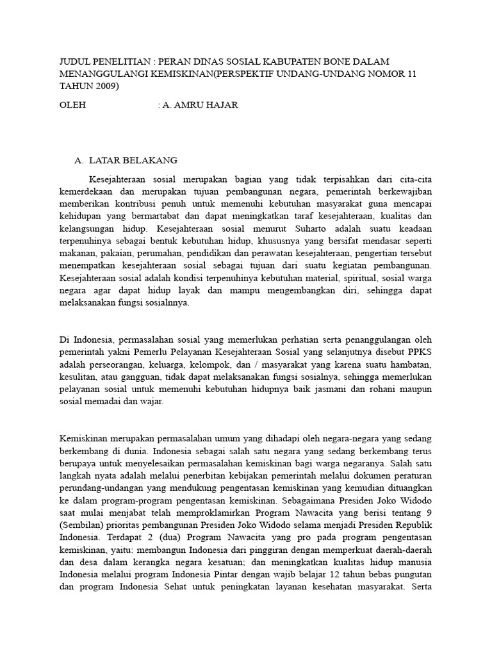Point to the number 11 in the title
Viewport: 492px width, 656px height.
tap(411, 74)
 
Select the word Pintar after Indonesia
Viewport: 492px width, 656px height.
tap(219, 577)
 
